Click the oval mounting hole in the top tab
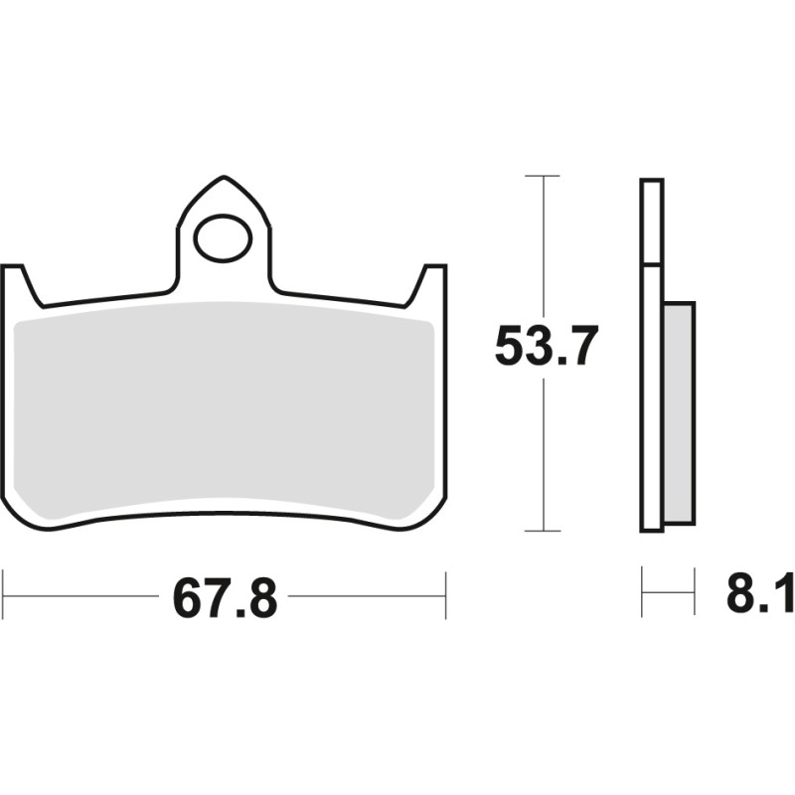[223, 238]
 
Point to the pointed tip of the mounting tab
[223, 180]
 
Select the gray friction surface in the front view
[227, 412]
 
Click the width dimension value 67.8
[225, 597]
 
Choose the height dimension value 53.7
[546, 347]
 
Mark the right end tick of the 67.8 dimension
[445, 595]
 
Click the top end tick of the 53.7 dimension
[543, 176]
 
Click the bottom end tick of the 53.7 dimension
[543, 531]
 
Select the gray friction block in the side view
[679, 412]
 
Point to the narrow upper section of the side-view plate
[651, 221]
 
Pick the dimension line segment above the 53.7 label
[543, 248]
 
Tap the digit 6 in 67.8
[187, 597]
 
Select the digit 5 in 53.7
[510, 347]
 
